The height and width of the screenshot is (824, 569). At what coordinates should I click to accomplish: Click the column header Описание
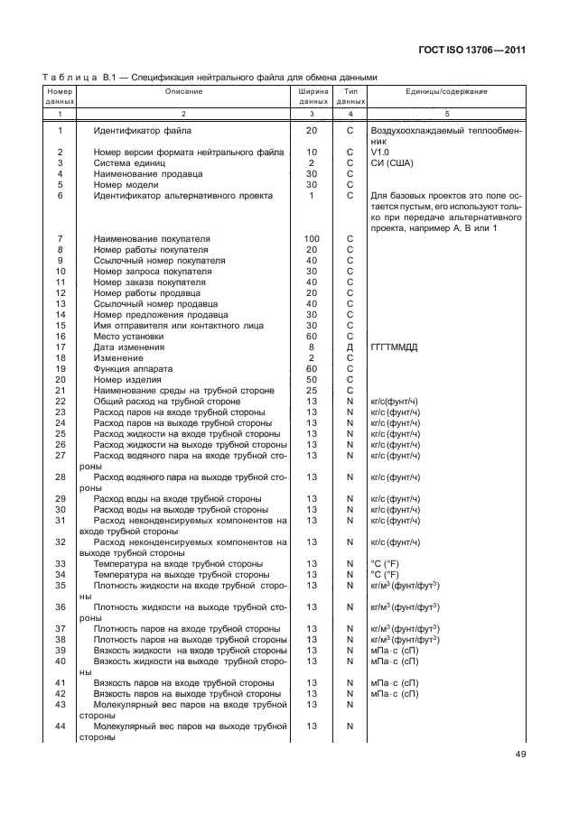[183, 92]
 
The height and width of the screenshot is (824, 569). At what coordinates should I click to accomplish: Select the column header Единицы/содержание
[441, 92]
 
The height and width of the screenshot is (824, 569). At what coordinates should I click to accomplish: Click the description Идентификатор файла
[143, 131]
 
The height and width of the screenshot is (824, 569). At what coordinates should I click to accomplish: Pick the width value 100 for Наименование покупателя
[312, 238]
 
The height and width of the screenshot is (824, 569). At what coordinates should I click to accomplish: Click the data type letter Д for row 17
[349, 347]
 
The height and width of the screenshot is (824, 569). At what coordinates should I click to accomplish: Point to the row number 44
[61, 726]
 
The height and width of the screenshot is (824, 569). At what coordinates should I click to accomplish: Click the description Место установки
[128, 336]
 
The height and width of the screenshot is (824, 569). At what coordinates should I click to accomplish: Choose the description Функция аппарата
[133, 368]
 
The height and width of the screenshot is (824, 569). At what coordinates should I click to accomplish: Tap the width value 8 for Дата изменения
[312, 347]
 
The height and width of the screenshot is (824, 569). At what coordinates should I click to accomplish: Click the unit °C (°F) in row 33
[387, 563]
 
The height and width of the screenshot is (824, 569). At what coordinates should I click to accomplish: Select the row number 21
[61, 390]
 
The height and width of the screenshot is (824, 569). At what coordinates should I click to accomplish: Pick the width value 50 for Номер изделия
[312, 379]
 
